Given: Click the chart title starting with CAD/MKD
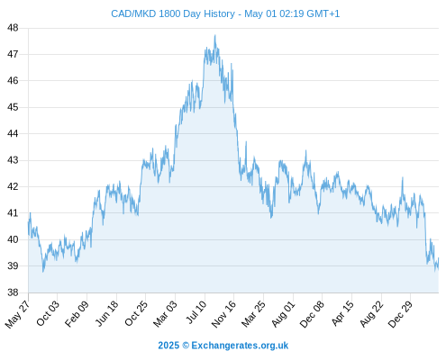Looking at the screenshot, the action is [x=225, y=13].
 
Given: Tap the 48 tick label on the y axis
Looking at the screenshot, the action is [x=13, y=28].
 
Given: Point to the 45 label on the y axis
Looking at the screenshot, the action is [x=13, y=107].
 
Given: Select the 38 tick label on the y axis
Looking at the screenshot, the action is [x=13, y=292].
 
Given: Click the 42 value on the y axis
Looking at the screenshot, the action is [x=13, y=186].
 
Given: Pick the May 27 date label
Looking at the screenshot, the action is [x=17, y=314].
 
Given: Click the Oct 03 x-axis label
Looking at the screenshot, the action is [x=48, y=313].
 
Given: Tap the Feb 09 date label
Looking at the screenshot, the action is [x=77, y=313].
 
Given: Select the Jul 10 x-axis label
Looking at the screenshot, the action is [x=196, y=312].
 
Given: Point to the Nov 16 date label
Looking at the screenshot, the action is [x=223, y=314].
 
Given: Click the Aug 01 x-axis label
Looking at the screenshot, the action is [x=284, y=313].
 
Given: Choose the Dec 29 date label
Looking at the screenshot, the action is [x=400, y=314].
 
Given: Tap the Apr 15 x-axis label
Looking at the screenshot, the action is [x=343, y=313].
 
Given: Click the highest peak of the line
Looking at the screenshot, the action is [x=215, y=35].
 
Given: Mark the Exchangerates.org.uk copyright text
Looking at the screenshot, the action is [x=240, y=346].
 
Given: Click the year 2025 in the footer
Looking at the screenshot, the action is [x=168, y=346].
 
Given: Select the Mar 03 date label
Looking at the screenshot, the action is [x=165, y=314].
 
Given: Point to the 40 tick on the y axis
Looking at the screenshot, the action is [x=13, y=239].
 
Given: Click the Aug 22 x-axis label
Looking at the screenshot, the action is [x=372, y=314].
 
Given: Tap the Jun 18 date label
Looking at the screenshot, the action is [x=106, y=313].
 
